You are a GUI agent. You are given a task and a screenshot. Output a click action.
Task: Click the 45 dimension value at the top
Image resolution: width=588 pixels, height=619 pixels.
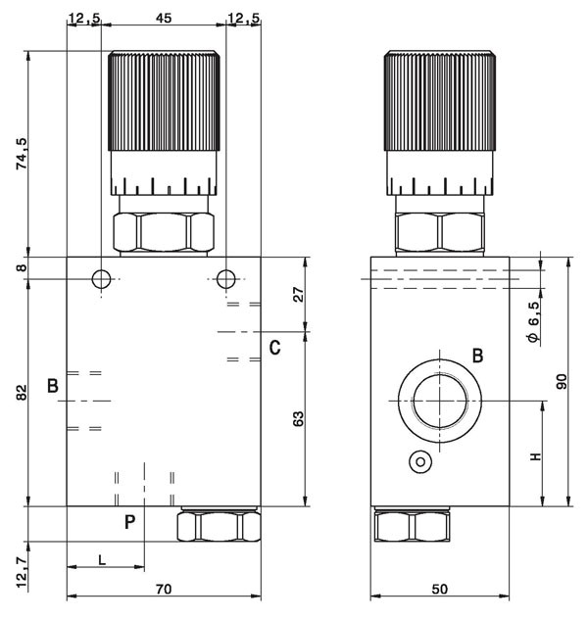(164, 19)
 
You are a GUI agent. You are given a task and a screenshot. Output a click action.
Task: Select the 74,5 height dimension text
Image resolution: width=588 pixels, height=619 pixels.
(22, 154)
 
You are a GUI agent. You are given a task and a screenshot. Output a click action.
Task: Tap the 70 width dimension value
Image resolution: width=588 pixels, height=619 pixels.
(164, 590)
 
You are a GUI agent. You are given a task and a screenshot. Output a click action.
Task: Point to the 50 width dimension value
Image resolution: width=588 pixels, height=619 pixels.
(439, 590)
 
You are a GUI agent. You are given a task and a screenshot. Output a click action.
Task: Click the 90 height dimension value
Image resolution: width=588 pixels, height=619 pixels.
(562, 381)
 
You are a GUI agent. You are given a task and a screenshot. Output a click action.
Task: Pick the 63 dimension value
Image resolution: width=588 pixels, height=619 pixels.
(299, 419)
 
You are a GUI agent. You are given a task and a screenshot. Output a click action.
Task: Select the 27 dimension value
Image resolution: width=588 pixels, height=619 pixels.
(299, 295)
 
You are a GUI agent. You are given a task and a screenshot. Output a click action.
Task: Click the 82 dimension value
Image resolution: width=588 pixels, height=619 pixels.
(22, 392)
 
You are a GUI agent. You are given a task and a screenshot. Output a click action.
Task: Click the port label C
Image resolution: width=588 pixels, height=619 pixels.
(274, 348)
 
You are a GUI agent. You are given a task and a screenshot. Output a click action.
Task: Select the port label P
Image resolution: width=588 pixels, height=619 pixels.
(130, 522)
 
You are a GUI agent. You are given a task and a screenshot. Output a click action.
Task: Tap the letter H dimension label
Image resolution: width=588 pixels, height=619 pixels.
(535, 456)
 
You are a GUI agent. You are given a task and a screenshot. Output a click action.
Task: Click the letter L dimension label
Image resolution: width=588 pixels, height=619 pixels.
(102, 560)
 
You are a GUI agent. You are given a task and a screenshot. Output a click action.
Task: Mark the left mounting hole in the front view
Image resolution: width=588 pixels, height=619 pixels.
(102, 279)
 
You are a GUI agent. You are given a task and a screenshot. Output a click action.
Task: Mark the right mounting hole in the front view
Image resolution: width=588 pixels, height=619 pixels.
(226, 279)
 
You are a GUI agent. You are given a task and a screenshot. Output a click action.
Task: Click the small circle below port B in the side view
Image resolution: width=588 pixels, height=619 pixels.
(420, 461)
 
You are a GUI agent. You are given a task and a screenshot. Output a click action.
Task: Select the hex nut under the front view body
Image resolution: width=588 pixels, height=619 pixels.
(219, 526)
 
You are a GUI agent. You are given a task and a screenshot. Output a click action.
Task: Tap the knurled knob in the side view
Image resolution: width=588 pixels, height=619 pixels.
(440, 101)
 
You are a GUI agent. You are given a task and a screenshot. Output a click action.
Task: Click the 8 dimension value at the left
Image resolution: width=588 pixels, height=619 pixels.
(22, 267)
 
